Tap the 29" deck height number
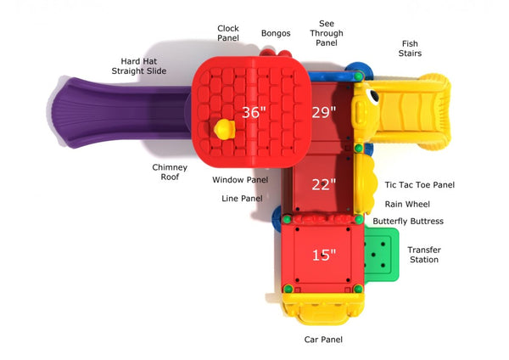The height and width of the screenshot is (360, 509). tap(324, 112)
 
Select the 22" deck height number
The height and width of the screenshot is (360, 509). tap(324, 183)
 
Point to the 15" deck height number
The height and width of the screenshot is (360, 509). tap(324, 254)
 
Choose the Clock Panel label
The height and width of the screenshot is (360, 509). tap(227, 32)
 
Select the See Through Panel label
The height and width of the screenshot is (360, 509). tap(327, 33)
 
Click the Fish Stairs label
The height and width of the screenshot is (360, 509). tap(410, 48)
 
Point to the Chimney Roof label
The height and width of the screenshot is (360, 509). tap(170, 172)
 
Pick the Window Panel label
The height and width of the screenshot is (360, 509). tap(240, 180)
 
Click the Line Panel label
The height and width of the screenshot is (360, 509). tap(242, 199)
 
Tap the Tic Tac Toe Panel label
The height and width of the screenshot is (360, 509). tap(419, 184)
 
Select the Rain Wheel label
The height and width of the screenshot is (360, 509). tap(407, 204)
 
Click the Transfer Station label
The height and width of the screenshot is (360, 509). tap(423, 255)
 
